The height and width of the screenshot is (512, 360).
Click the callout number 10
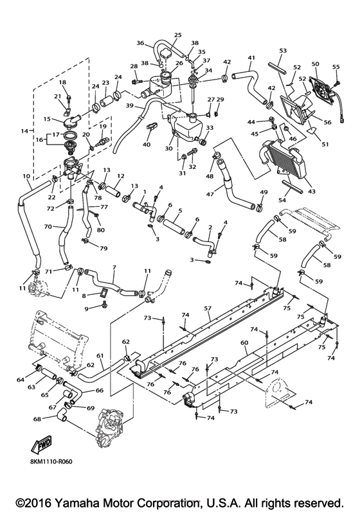pos(26,176)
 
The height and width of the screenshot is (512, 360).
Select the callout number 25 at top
pos(178,35)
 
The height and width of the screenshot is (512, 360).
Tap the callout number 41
pos(251,58)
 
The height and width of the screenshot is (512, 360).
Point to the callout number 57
pos(208,309)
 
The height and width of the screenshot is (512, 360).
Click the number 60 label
pos(244,344)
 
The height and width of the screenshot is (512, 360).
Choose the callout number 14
pos(24,131)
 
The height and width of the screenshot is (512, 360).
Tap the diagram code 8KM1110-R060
pos(55,461)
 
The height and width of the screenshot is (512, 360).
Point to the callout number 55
pos(335,67)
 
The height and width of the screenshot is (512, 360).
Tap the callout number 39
pos(129,106)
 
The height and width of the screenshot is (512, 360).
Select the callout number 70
pos(47,227)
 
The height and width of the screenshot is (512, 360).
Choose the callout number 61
pos(100,355)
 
